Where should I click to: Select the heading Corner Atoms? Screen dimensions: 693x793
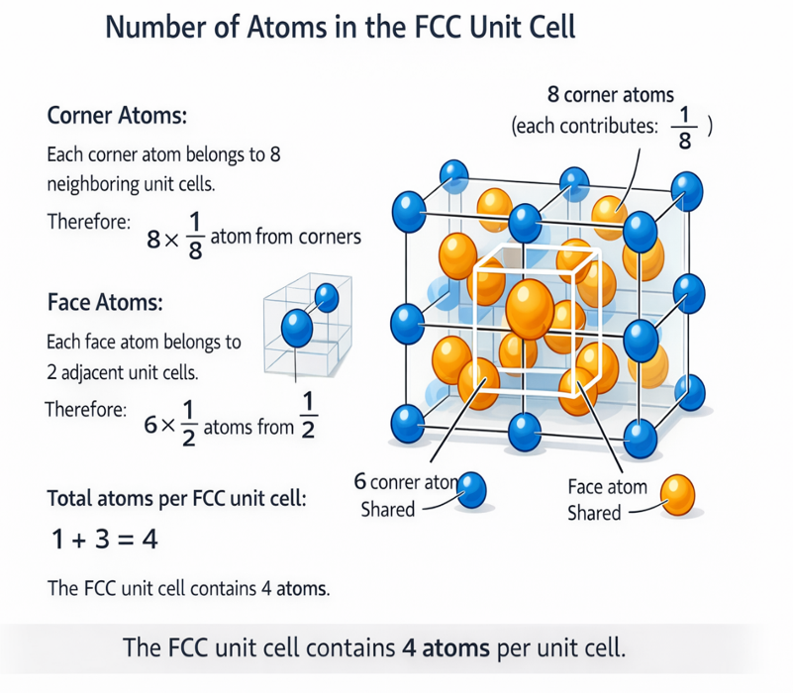(118, 115)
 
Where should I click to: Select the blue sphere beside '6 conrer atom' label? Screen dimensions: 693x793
(473, 489)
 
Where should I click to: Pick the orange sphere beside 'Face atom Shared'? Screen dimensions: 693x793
(677, 493)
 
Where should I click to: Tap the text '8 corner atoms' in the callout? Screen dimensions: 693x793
(610, 96)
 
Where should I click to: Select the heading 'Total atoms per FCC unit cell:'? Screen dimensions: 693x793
(177, 499)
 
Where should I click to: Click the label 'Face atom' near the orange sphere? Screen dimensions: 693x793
(607, 487)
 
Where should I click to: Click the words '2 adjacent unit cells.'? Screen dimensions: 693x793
(124, 374)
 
